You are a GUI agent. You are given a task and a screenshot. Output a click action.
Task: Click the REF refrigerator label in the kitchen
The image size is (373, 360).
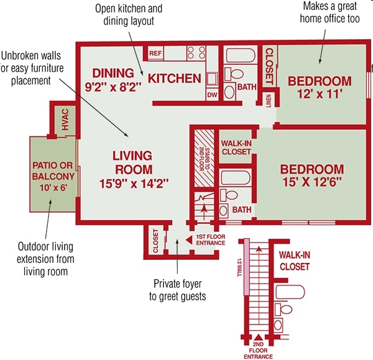coord(155,53)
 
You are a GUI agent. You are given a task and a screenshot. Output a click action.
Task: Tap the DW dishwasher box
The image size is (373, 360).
coord(212,95)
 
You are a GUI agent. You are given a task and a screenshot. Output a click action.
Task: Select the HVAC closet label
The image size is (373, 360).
coord(65,119)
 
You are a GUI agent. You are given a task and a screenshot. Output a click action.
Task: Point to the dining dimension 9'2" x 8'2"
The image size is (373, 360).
coord(113,87)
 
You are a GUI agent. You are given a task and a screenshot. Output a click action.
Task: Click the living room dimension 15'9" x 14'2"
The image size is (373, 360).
coord(134,183)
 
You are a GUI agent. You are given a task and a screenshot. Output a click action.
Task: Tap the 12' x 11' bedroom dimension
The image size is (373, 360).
coord(320,94)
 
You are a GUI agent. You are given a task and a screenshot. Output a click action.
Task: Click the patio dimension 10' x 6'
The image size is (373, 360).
coord(53,188)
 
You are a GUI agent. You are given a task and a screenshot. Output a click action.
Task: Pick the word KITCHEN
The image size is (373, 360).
coord(175,78)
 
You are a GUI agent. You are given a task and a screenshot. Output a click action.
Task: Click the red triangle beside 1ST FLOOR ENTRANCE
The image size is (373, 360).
coord(189,240)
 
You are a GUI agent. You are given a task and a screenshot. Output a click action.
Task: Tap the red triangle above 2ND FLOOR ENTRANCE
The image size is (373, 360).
coord(258,338)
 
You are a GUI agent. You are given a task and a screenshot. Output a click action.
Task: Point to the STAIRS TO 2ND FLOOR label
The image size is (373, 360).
coord(204,159)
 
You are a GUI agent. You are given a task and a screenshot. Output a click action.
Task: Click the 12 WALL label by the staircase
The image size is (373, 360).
coord(239,267)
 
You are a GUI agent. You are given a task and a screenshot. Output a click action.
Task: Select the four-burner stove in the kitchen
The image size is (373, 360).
coord(196,53)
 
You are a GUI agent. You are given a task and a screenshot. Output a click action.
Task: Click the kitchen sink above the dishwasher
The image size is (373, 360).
coord(212,79)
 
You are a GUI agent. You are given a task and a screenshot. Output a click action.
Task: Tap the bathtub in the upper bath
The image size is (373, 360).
coord(240,55)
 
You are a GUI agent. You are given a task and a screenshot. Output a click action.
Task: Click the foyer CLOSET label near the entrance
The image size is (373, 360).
coord(155,241)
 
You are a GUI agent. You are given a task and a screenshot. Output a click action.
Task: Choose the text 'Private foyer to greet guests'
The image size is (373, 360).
coord(177,290)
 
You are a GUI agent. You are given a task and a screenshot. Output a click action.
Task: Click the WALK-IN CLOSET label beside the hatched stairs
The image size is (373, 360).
coord(236,147)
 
